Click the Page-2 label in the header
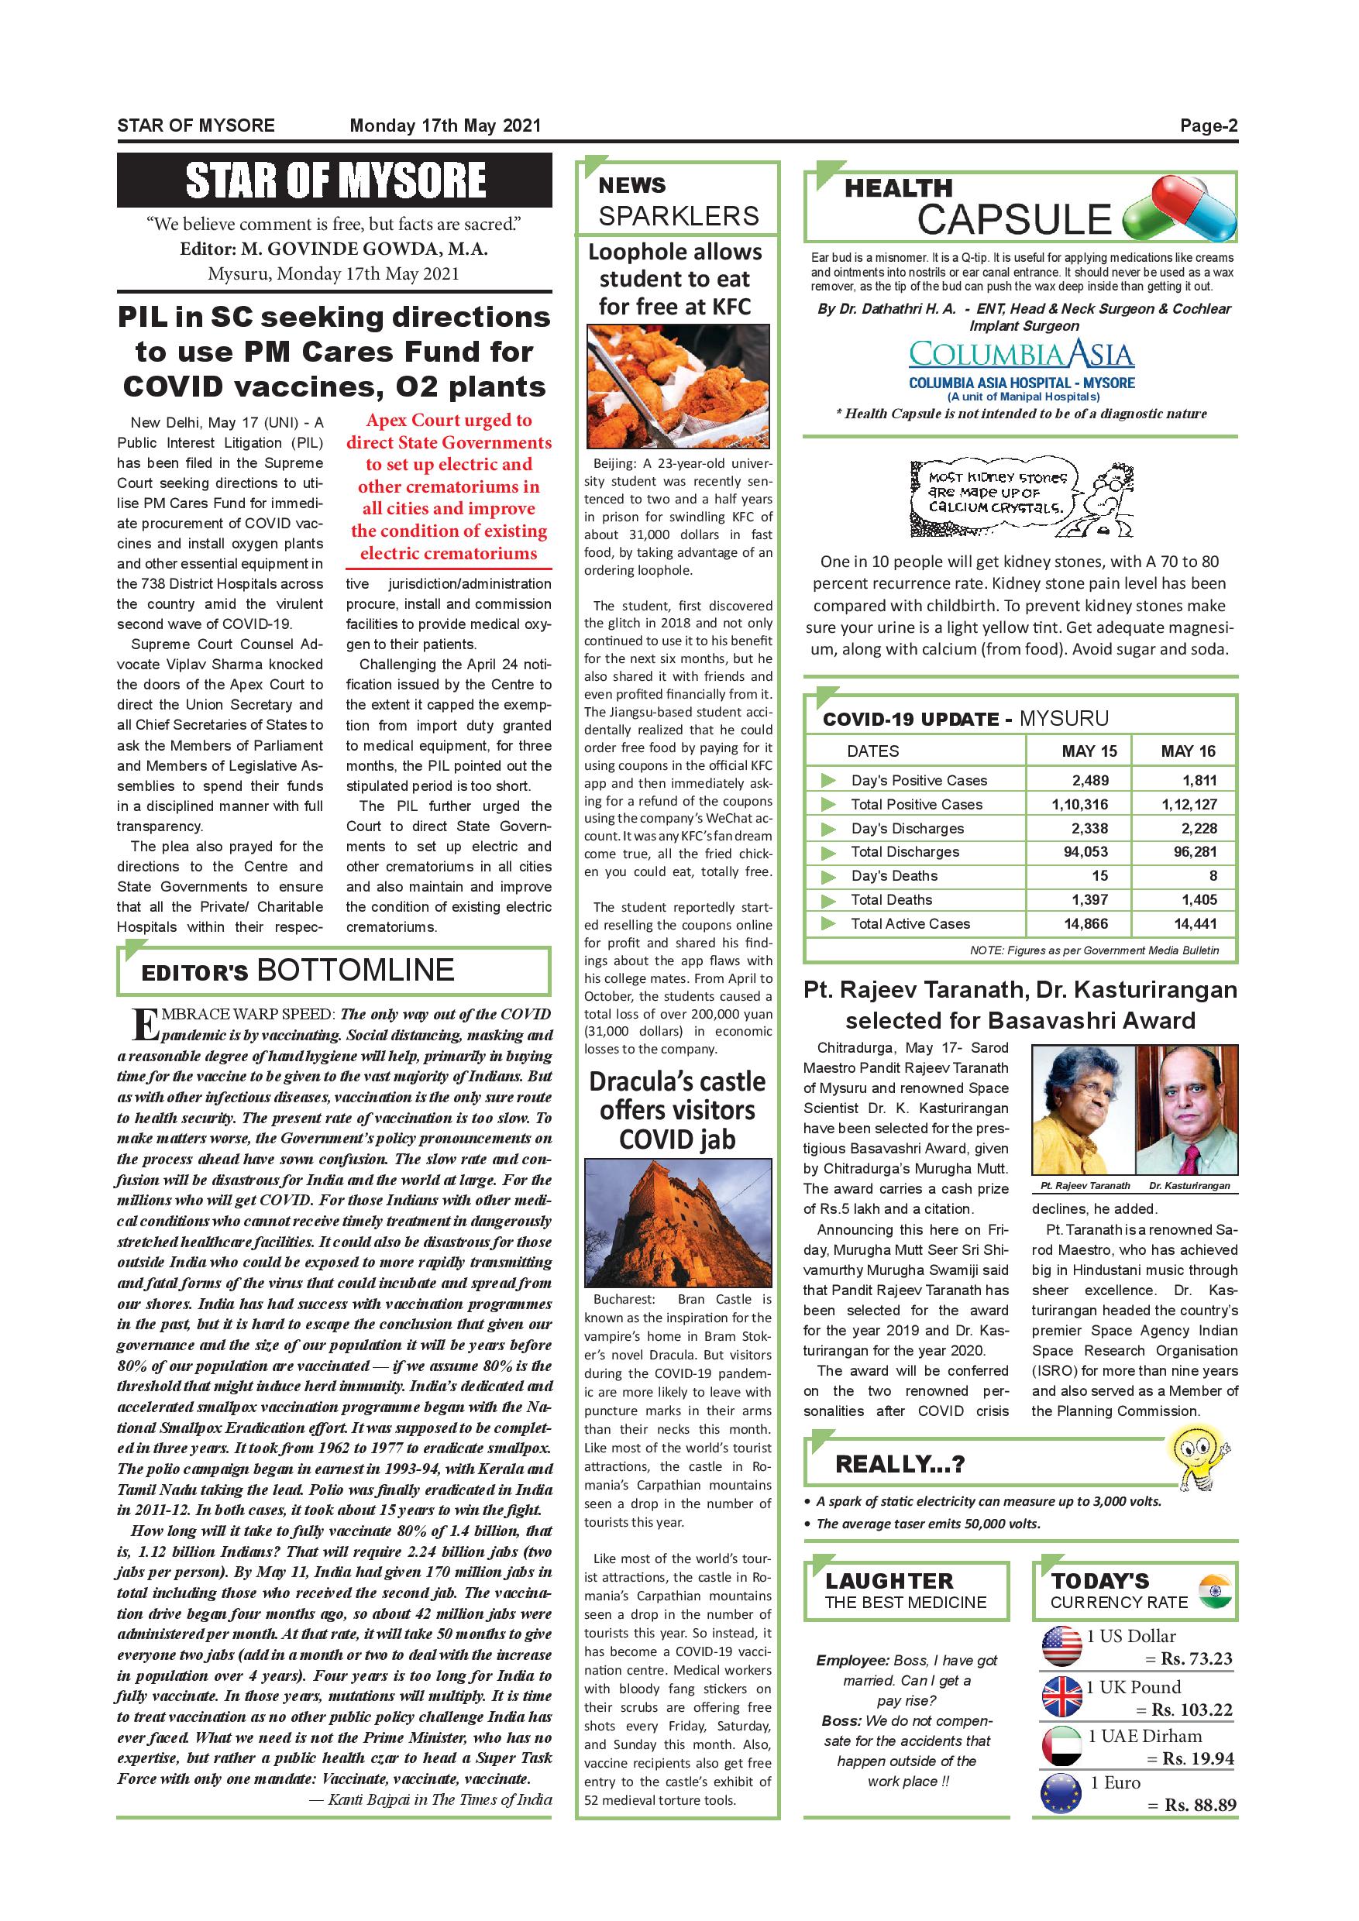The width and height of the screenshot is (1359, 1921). pos(1209,126)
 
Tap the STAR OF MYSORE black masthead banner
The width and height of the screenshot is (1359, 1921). pos(334,180)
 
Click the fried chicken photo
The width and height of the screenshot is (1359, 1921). pos(677,386)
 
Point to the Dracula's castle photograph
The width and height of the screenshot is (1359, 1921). pos(677,1222)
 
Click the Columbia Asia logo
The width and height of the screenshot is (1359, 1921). pos(1021,355)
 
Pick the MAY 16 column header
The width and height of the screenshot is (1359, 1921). pos(1188,751)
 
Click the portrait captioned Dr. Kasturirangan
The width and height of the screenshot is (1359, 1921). pos(1187,1109)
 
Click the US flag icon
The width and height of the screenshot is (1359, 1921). pos(1061,1647)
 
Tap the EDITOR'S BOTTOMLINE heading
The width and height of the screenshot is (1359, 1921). pos(298,971)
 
